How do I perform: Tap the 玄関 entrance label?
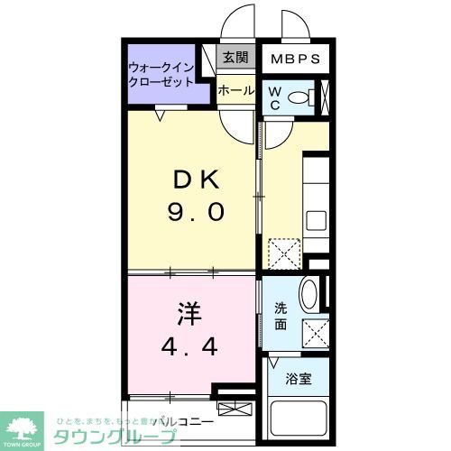(x=236, y=58)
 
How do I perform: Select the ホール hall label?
(x=236, y=90)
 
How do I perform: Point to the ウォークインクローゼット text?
(x=169, y=73)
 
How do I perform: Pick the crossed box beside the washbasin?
(x=316, y=331)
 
